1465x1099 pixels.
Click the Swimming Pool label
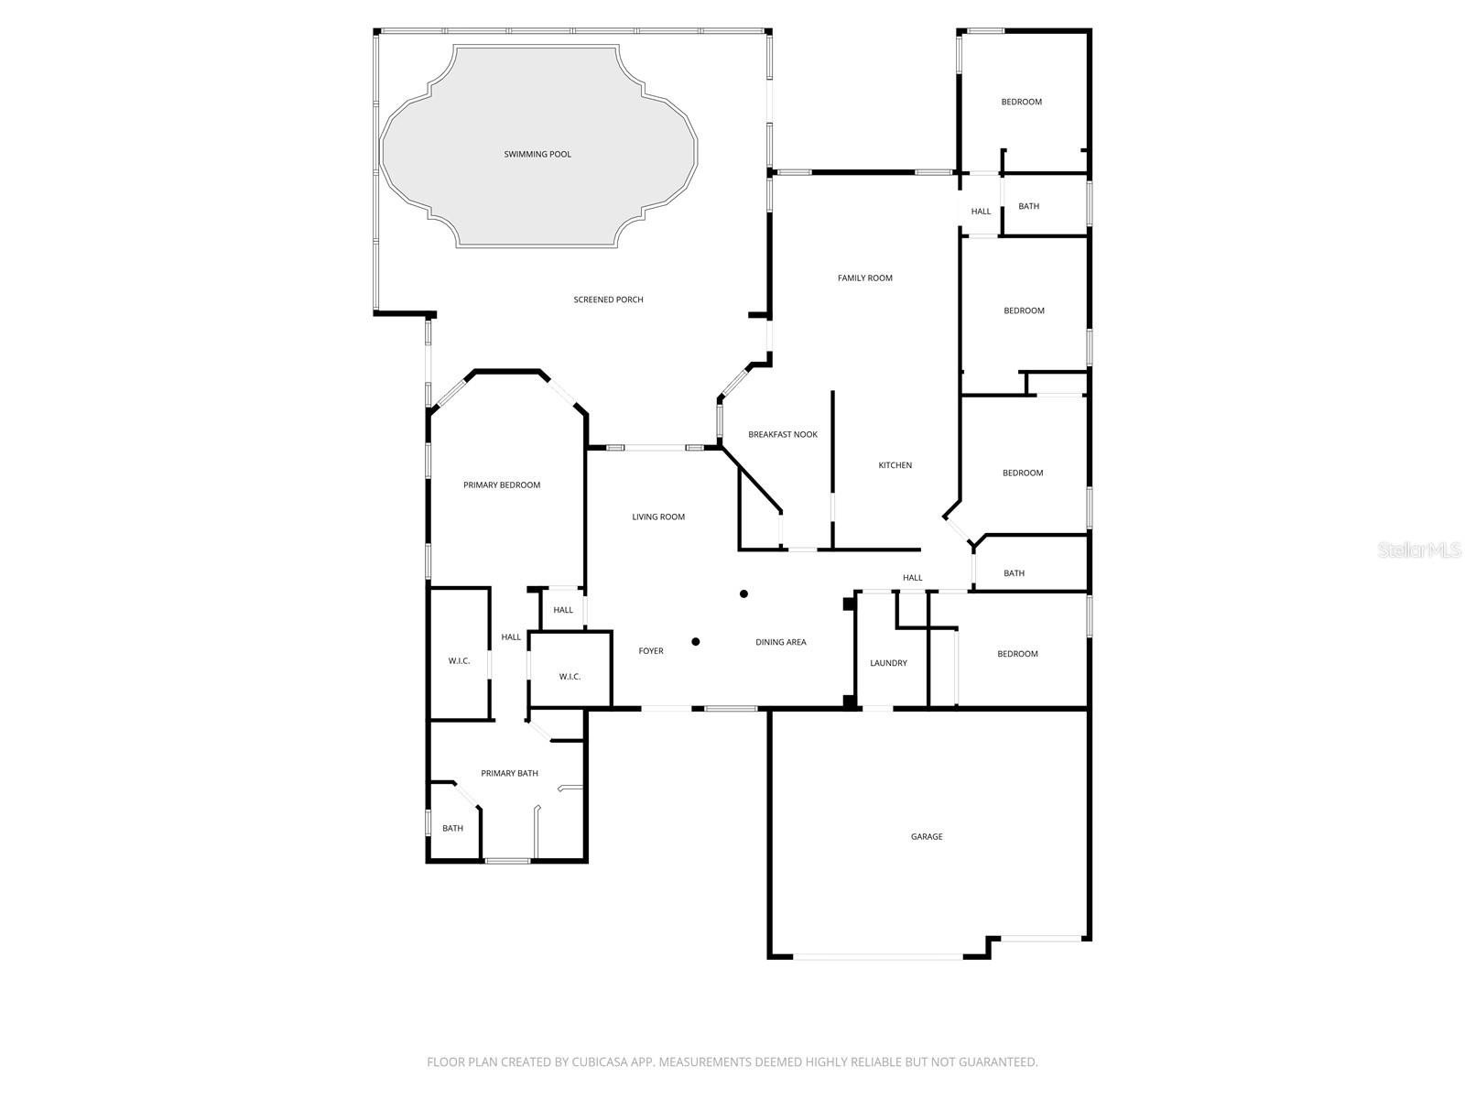pyautogui.click(x=537, y=154)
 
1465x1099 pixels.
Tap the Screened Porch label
pyautogui.click(x=608, y=299)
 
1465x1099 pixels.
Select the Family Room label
pyautogui.click(x=864, y=277)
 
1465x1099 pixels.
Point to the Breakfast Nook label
pyautogui.click(x=783, y=434)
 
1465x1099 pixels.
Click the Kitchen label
pyautogui.click(x=895, y=465)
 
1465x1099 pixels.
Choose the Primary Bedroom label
pyautogui.click(x=502, y=484)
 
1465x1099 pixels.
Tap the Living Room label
pyautogui.click(x=658, y=517)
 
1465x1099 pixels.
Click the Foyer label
pyautogui.click(x=651, y=651)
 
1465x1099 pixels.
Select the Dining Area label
pyautogui.click(x=781, y=642)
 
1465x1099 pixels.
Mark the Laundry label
pyautogui.click(x=888, y=663)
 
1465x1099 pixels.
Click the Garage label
pyautogui.click(x=927, y=836)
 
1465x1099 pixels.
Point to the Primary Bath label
pyautogui.click(x=509, y=773)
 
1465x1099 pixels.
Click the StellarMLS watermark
pyautogui.click(x=1419, y=550)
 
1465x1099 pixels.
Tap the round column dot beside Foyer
pyautogui.click(x=696, y=642)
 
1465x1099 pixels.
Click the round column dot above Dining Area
pyautogui.click(x=744, y=594)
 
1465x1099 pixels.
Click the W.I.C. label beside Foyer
pyautogui.click(x=570, y=677)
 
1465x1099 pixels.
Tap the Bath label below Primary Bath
pyautogui.click(x=452, y=828)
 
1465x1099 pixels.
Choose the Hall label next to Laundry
pyautogui.click(x=912, y=578)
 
